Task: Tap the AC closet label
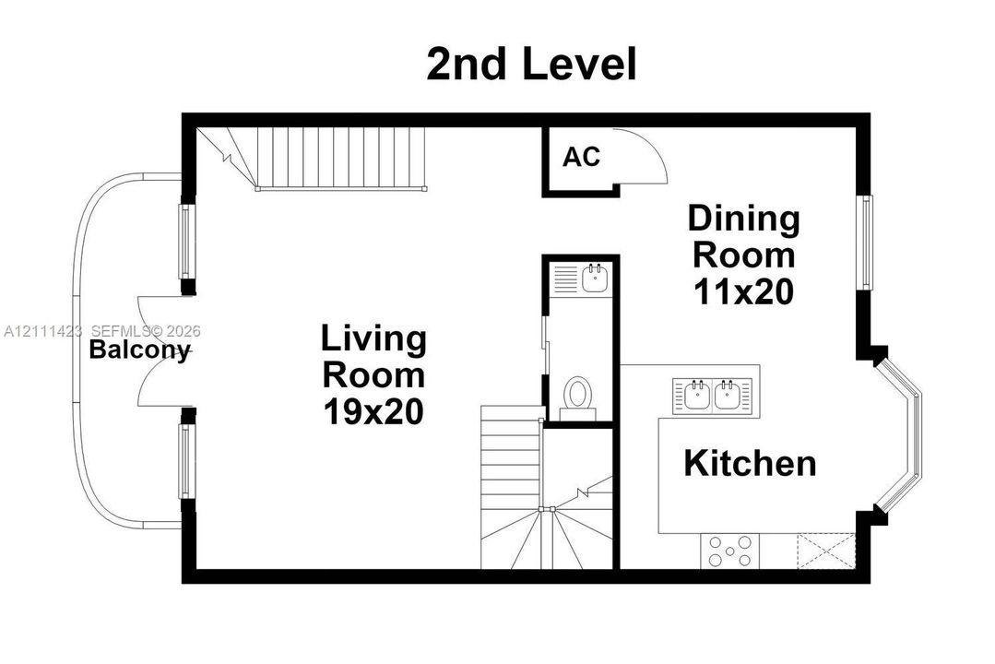581,157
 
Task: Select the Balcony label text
139,350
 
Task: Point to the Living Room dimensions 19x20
373,411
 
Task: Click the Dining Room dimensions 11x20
743,292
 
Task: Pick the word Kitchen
750,463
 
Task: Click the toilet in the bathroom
577,397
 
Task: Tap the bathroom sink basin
595,278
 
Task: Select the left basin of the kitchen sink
697,394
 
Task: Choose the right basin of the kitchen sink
728,394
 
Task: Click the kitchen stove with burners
729,551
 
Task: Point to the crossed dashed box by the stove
826,551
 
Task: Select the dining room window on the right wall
866,243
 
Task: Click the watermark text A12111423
43,331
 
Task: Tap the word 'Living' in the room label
373,339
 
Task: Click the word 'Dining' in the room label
743,219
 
